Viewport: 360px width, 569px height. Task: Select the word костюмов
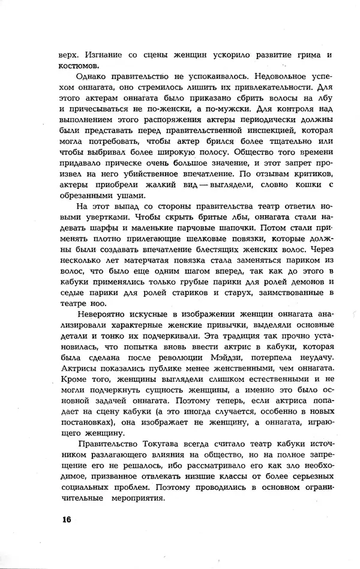pos(76,65)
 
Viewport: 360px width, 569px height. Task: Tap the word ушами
pos(127,195)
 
